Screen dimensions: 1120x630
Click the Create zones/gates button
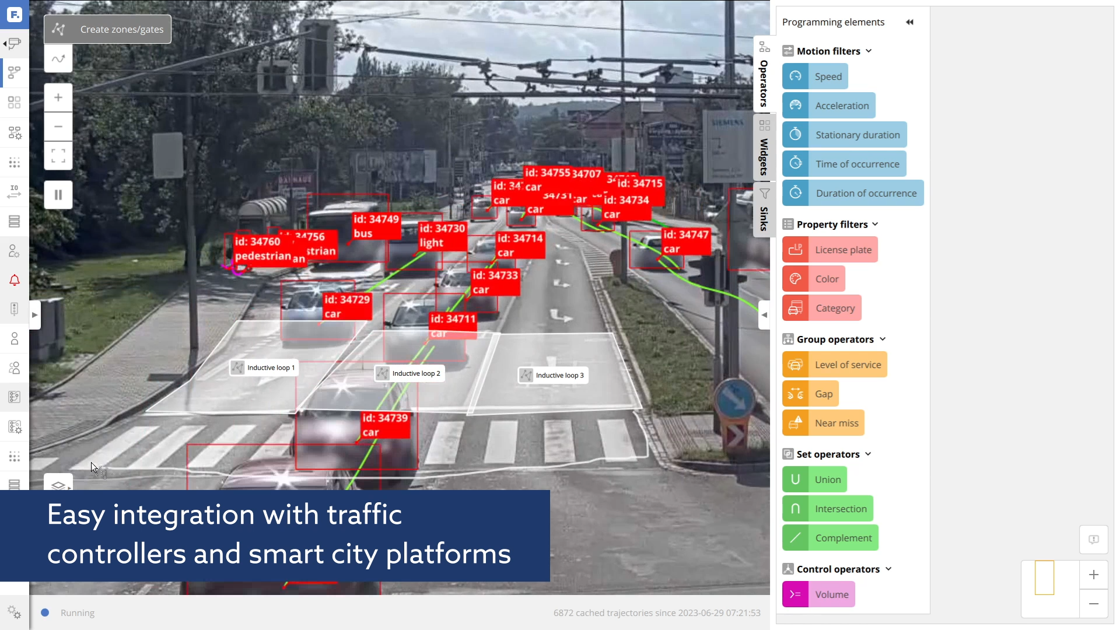(108, 29)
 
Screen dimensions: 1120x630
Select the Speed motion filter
(815, 76)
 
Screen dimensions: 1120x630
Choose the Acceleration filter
(829, 106)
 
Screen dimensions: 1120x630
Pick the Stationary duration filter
(845, 135)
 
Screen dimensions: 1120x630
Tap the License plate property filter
(830, 250)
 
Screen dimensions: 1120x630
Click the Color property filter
(814, 279)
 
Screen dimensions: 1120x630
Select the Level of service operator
(835, 365)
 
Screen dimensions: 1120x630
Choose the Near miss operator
(823, 423)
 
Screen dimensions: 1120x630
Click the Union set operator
(815, 480)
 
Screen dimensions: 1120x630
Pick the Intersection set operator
(828, 509)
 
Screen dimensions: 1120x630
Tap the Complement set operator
(830, 538)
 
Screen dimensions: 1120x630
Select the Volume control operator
(818, 594)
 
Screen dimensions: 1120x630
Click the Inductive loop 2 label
(409, 373)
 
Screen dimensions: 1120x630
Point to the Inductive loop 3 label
(553, 375)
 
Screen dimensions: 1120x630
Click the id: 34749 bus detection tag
(376, 226)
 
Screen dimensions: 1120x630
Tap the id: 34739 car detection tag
(385, 425)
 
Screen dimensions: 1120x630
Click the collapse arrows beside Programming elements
(909, 22)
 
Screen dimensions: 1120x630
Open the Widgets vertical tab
(764, 149)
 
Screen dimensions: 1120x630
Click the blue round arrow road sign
(734, 398)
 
